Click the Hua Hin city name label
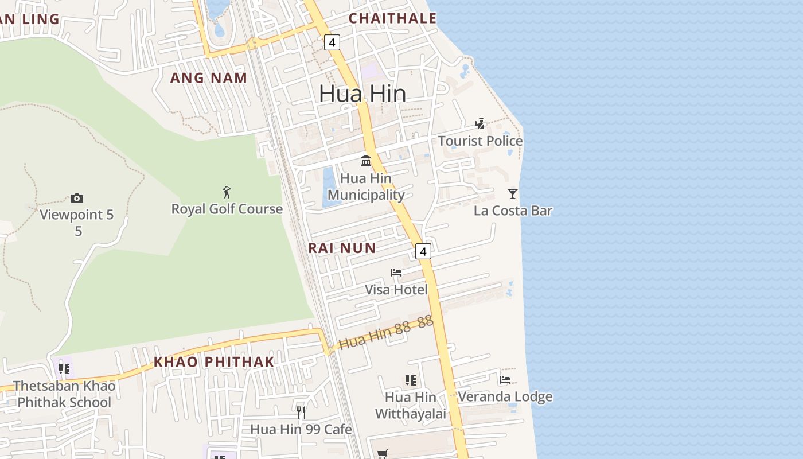pos(362,94)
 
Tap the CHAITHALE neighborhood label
pos(393,18)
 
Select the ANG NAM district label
pos(209,78)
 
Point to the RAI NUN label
pos(342,248)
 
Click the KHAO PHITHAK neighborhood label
pos(214,362)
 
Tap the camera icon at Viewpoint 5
pos(77,199)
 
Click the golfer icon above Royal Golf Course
pos(227,192)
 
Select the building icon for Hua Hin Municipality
pos(366,161)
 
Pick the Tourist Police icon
pos(480,124)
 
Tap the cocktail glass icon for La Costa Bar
pos(513,194)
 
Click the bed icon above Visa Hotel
pos(396,273)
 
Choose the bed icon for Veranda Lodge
pos(505,380)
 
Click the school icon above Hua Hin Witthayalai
pos(410,380)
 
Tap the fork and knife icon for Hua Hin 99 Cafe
pos(301,412)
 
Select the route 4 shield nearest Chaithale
pos(332,42)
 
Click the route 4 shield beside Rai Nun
pos(423,251)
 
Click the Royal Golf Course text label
pos(227,209)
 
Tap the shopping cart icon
pos(383,454)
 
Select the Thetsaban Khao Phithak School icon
pos(64,368)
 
